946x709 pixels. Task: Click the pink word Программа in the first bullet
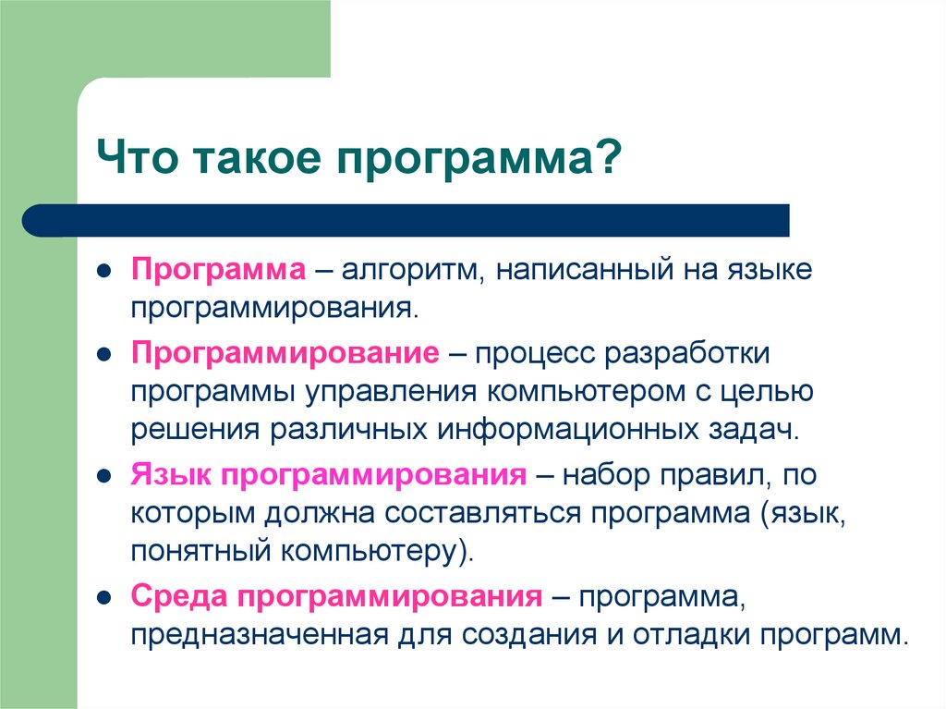tap(217, 272)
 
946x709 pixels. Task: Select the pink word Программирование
tap(284, 354)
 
